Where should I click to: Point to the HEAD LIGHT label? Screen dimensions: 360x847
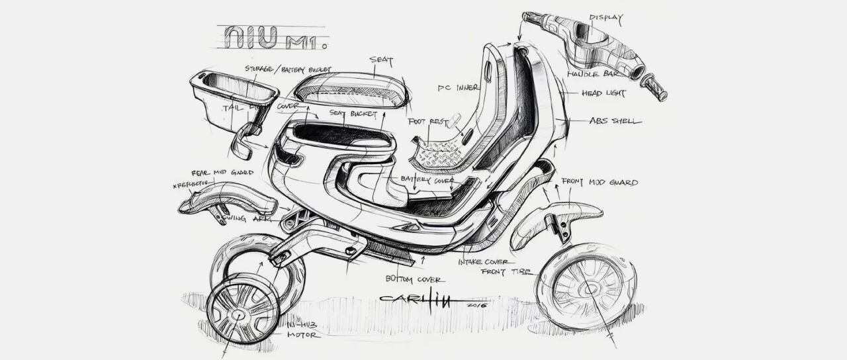point(603,94)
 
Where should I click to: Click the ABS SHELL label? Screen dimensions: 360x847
point(615,121)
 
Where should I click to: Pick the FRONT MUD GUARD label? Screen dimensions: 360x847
point(600,182)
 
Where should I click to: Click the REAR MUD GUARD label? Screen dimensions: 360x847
point(223,173)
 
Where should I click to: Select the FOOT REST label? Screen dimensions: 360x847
point(425,122)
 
